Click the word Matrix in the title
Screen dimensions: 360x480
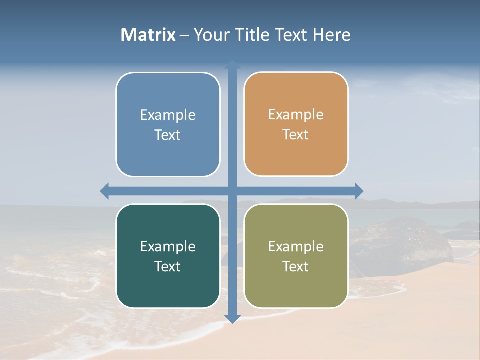(x=148, y=35)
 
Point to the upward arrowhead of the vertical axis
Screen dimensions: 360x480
(x=232, y=64)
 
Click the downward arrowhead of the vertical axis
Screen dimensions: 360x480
(x=232, y=319)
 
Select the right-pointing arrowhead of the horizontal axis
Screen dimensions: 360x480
(x=359, y=191)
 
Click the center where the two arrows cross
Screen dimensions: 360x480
(x=232, y=191)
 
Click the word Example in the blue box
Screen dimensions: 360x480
(x=168, y=115)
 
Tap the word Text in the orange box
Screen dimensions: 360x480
(x=295, y=135)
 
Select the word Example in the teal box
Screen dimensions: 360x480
(x=168, y=246)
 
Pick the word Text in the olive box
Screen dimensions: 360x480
(x=295, y=266)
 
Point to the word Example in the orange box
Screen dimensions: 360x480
(x=296, y=115)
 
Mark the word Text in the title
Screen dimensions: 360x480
(x=291, y=35)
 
